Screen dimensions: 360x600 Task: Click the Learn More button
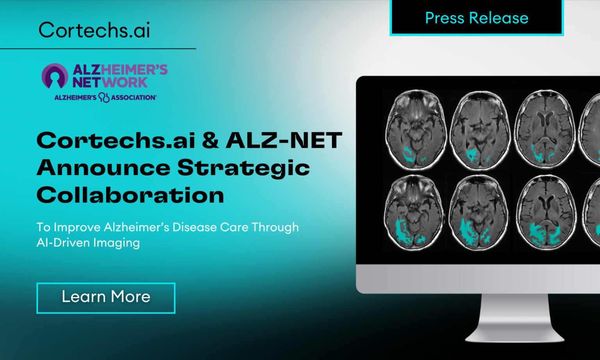pos(106,297)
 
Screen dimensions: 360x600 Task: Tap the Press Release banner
pos(477,18)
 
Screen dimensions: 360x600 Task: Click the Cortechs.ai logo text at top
pos(94,30)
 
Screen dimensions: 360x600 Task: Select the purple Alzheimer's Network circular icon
pos(55,76)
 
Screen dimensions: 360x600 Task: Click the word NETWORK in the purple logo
pos(110,83)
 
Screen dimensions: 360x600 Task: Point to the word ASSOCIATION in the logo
pos(133,97)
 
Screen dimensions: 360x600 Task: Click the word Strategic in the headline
pos(243,168)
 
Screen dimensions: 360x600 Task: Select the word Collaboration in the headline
pos(130,195)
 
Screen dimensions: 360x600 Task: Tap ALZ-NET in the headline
pos(284,140)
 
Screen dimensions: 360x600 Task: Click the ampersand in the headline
pos(210,140)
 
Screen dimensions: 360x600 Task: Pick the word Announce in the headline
pos(104,168)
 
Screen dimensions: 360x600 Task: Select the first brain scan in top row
pos(416,130)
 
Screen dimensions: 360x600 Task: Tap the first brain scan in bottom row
pos(414,213)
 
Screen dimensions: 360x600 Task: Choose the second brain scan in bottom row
pos(479,213)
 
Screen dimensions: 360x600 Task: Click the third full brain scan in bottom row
pos(546,213)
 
